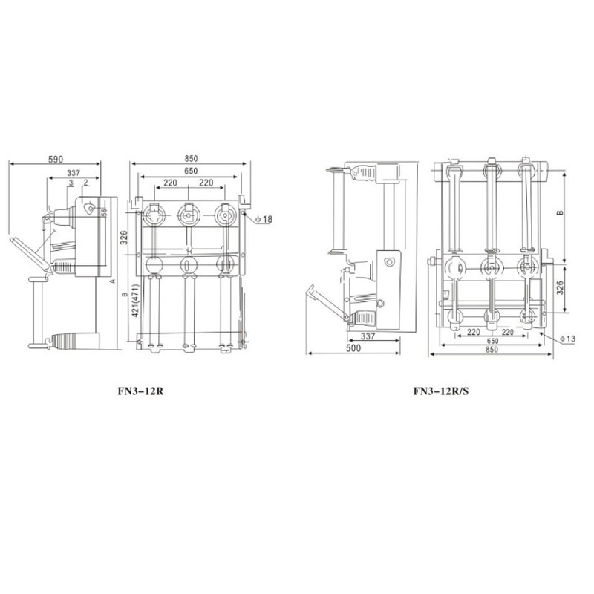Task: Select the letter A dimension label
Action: point(111,282)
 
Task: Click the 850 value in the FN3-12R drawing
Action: point(191,159)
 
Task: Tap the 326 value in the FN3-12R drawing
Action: point(125,238)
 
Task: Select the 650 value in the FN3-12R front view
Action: point(191,172)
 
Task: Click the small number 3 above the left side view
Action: point(70,183)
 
